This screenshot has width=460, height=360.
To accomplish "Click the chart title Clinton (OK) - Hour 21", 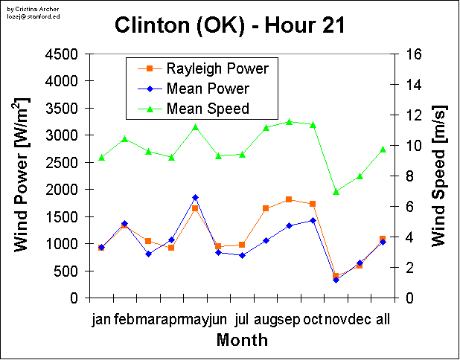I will click(x=229, y=27).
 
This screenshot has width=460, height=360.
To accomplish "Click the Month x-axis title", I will click(x=242, y=341).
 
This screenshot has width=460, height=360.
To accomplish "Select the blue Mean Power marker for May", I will click(x=195, y=197).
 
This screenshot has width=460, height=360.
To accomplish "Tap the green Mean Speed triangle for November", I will click(x=336, y=192).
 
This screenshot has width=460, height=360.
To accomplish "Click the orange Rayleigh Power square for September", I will click(x=289, y=199).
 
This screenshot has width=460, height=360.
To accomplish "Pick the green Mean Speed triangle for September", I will click(x=289, y=121).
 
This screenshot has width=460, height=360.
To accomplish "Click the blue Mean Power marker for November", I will click(x=336, y=280).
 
